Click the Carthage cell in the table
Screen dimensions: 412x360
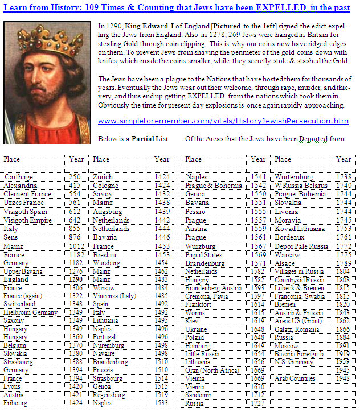point(19,177)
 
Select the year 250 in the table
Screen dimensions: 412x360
point(75,177)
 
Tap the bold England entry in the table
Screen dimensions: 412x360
point(17,280)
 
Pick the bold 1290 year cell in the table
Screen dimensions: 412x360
point(75,280)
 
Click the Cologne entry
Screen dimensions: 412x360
point(106,186)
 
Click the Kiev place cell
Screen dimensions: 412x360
point(193,320)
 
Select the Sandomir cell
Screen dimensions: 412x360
point(199,394)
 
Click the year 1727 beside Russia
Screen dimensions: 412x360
point(258,403)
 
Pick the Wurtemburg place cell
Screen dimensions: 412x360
point(293,177)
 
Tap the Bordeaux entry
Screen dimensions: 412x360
point(289,237)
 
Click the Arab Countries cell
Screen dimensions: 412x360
point(294,378)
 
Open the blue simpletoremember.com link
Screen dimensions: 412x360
point(223,121)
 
